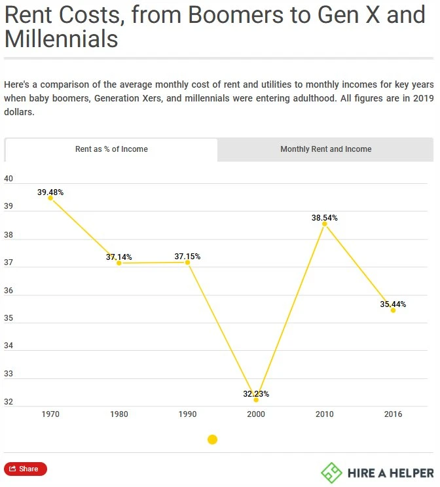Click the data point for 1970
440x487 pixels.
pos(50,198)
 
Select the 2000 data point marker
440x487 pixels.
pos(256,400)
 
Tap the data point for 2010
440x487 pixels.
pos(324,224)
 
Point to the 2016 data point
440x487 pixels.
pos(393,310)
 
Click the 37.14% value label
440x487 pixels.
pos(119,257)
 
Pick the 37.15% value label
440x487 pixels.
pos(187,256)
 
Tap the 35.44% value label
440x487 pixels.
pos(393,304)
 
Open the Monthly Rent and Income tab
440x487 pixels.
pos(325,149)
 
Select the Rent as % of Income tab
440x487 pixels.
pos(111,149)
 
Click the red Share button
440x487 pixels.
pos(26,469)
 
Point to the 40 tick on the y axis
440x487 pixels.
pos(9,179)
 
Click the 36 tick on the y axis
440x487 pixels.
pos(9,291)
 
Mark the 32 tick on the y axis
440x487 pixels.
pos(9,402)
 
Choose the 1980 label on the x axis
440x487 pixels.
pos(119,414)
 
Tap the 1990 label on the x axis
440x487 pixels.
pos(187,414)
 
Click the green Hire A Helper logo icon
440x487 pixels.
pos(331,473)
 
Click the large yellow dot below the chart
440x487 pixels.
pos(213,439)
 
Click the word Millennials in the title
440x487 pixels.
pos(61,39)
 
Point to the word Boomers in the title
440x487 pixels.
pos(236,14)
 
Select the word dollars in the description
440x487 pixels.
pos(19,112)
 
